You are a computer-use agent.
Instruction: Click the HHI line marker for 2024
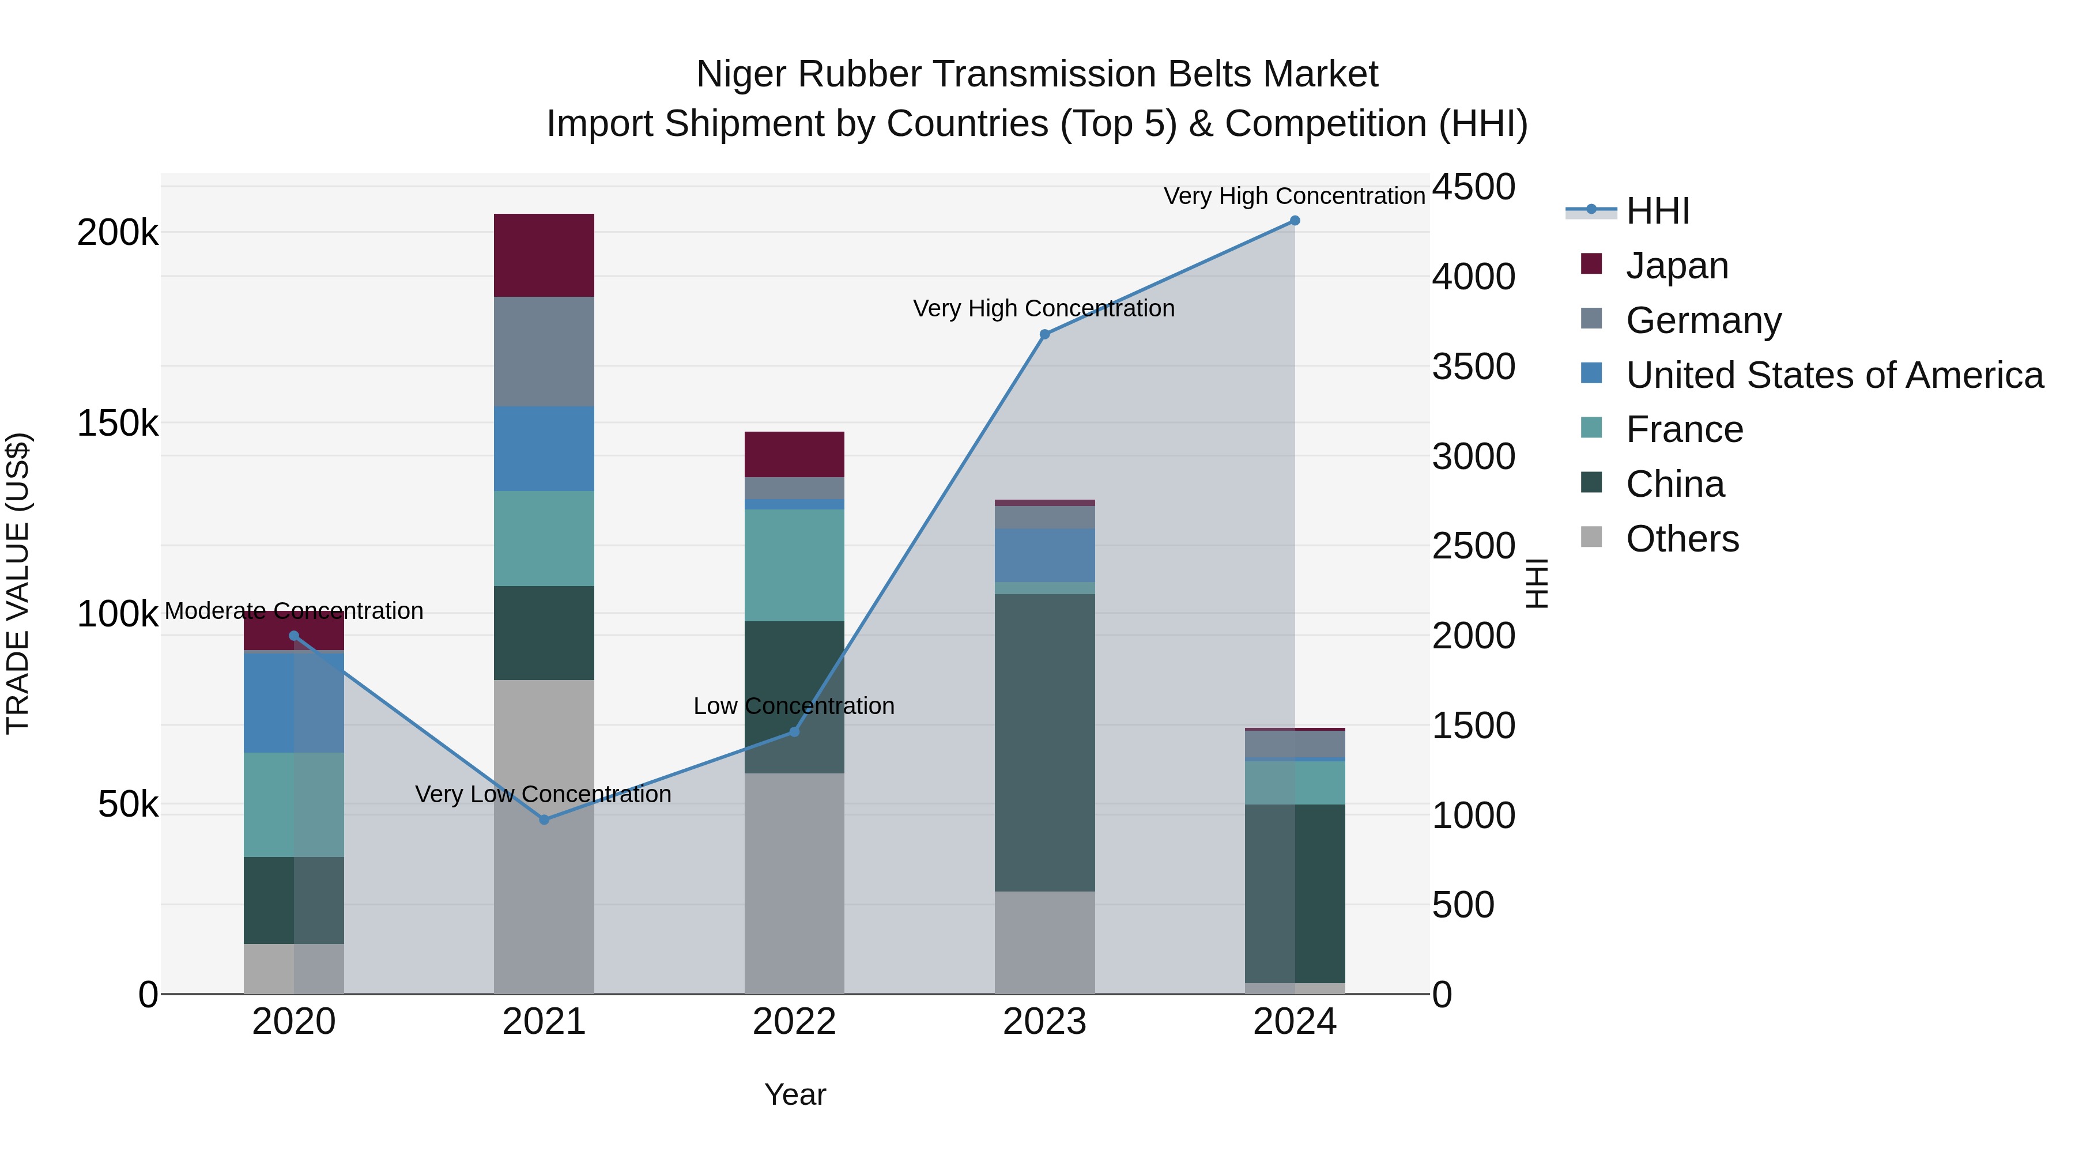[x=1295, y=221]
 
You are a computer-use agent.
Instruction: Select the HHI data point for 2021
[x=544, y=820]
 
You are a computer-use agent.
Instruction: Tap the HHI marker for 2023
[x=1045, y=334]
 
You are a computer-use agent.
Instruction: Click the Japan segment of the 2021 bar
[x=544, y=255]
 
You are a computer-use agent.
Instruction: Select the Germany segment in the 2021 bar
[x=544, y=352]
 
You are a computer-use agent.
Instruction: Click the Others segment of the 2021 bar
[x=544, y=837]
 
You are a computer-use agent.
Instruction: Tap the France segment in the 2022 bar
[x=794, y=565]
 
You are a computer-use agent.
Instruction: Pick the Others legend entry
[x=1682, y=539]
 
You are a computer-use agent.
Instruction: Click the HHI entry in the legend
[x=1657, y=211]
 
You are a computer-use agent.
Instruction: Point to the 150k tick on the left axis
[x=118, y=424]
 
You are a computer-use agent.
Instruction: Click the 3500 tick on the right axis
[x=1473, y=367]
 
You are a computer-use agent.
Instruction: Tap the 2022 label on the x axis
[x=794, y=1022]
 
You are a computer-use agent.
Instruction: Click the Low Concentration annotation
[x=794, y=707]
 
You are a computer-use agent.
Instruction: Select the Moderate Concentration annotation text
[x=293, y=611]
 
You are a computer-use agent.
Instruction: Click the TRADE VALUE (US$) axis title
[x=18, y=583]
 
